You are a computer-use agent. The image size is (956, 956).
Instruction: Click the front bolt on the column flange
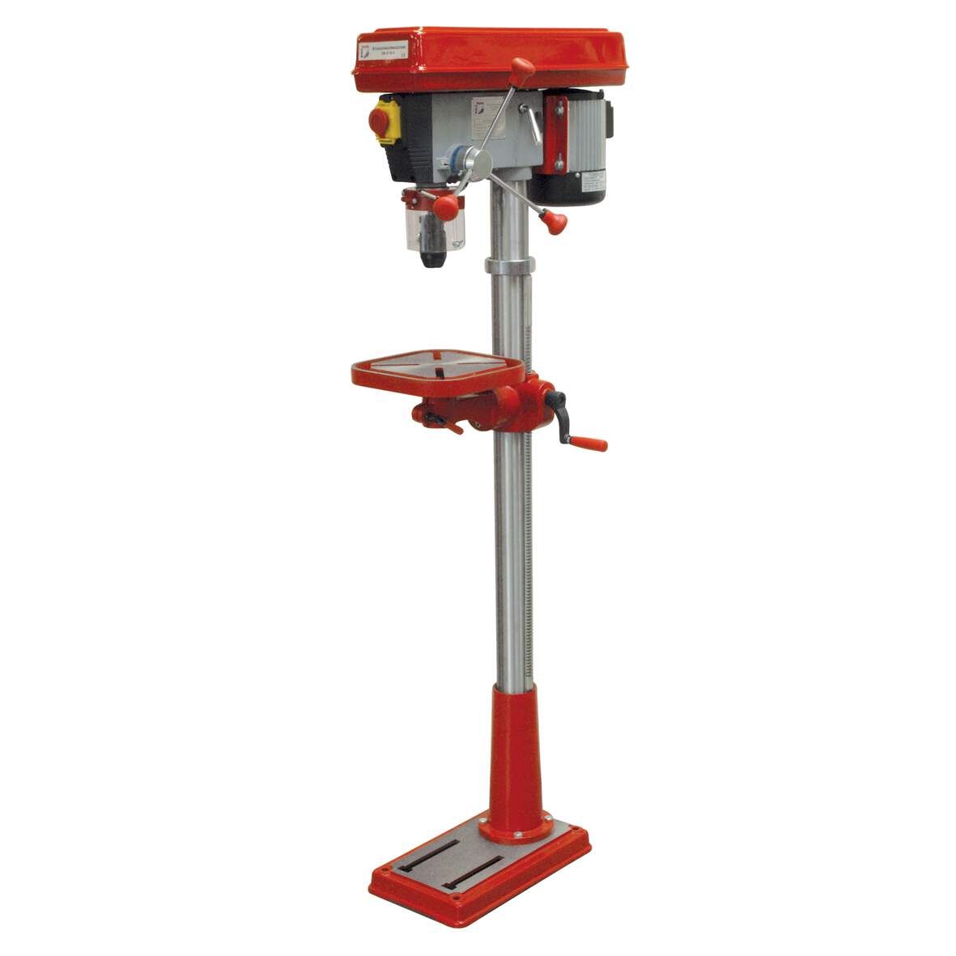(482, 831)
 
